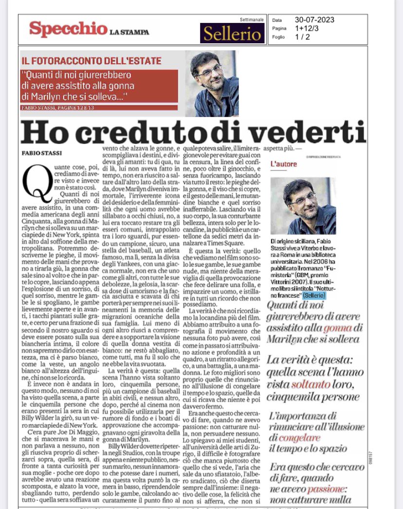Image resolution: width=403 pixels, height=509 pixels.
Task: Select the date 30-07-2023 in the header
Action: point(315,20)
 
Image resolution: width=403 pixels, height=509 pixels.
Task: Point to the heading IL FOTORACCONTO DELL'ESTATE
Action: point(92,61)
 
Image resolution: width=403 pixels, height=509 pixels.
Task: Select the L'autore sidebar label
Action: point(283,164)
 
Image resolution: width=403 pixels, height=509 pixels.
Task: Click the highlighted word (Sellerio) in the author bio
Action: point(314,296)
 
